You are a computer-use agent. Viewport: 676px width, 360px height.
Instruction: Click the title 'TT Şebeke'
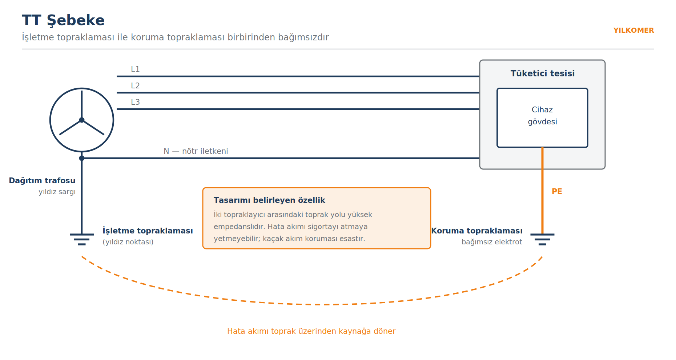coord(63,20)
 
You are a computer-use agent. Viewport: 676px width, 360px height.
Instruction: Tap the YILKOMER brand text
coord(633,31)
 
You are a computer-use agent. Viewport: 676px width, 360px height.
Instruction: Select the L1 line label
coord(135,69)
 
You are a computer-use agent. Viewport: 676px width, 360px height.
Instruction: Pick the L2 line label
coord(135,85)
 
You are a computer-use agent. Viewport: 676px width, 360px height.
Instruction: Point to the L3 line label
coord(135,102)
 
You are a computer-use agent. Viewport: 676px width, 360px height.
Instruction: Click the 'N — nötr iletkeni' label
coord(196,151)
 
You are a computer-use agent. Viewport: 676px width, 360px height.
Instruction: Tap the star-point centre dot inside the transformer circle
coord(82,120)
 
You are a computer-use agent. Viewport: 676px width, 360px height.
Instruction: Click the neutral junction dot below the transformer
coord(82,158)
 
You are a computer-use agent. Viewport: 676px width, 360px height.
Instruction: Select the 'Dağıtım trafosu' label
coord(42,181)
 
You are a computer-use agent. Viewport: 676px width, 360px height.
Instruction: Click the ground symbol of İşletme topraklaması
coord(82,239)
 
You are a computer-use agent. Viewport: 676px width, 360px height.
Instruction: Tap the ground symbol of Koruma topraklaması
coord(542,239)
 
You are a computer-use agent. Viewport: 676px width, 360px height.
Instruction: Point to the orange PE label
coord(557,191)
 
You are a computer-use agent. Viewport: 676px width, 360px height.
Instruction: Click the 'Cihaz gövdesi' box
coord(542,118)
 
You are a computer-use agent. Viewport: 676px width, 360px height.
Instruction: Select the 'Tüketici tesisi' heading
coord(543,73)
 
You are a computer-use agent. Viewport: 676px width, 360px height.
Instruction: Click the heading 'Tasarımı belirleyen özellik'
coord(269,200)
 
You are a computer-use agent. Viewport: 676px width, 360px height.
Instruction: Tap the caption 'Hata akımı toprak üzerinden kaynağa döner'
coord(311,331)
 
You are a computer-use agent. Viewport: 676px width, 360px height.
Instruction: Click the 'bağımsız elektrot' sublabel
coord(492,242)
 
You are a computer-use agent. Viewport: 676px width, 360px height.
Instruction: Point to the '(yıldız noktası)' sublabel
coord(128,242)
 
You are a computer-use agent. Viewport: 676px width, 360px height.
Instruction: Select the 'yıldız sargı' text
coord(57,192)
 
